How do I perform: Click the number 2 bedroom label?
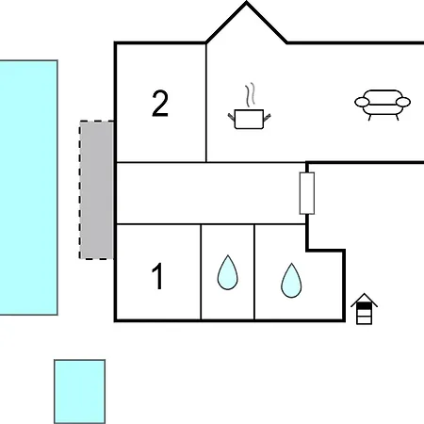[x=160, y=104]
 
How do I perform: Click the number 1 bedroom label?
[x=157, y=276]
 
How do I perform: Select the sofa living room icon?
[x=383, y=105]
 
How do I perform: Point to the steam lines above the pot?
[x=250, y=95]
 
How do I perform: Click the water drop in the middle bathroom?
[x=228, y=272]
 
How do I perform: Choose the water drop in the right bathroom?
[x=291, y=281]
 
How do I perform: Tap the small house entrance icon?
[x=365, y=309]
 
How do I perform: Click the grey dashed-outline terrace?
[x=96, y=190]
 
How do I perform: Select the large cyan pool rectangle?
[x=28, y=188]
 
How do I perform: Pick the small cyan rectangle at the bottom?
[x=80, y=392]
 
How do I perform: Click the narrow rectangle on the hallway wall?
[x=307, y=193]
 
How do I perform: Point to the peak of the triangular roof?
[x=247, y=3]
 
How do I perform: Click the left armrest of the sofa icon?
[x=362, y=102]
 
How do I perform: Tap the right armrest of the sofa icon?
[x=403, y=102]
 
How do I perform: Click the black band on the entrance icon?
[x=365, y=305]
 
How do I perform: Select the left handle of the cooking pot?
[x=232, y=118]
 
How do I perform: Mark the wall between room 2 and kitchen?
[x=206, y=103]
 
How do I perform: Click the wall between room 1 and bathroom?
[x=201, y=272]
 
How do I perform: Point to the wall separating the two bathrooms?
[x=254, y=272]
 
